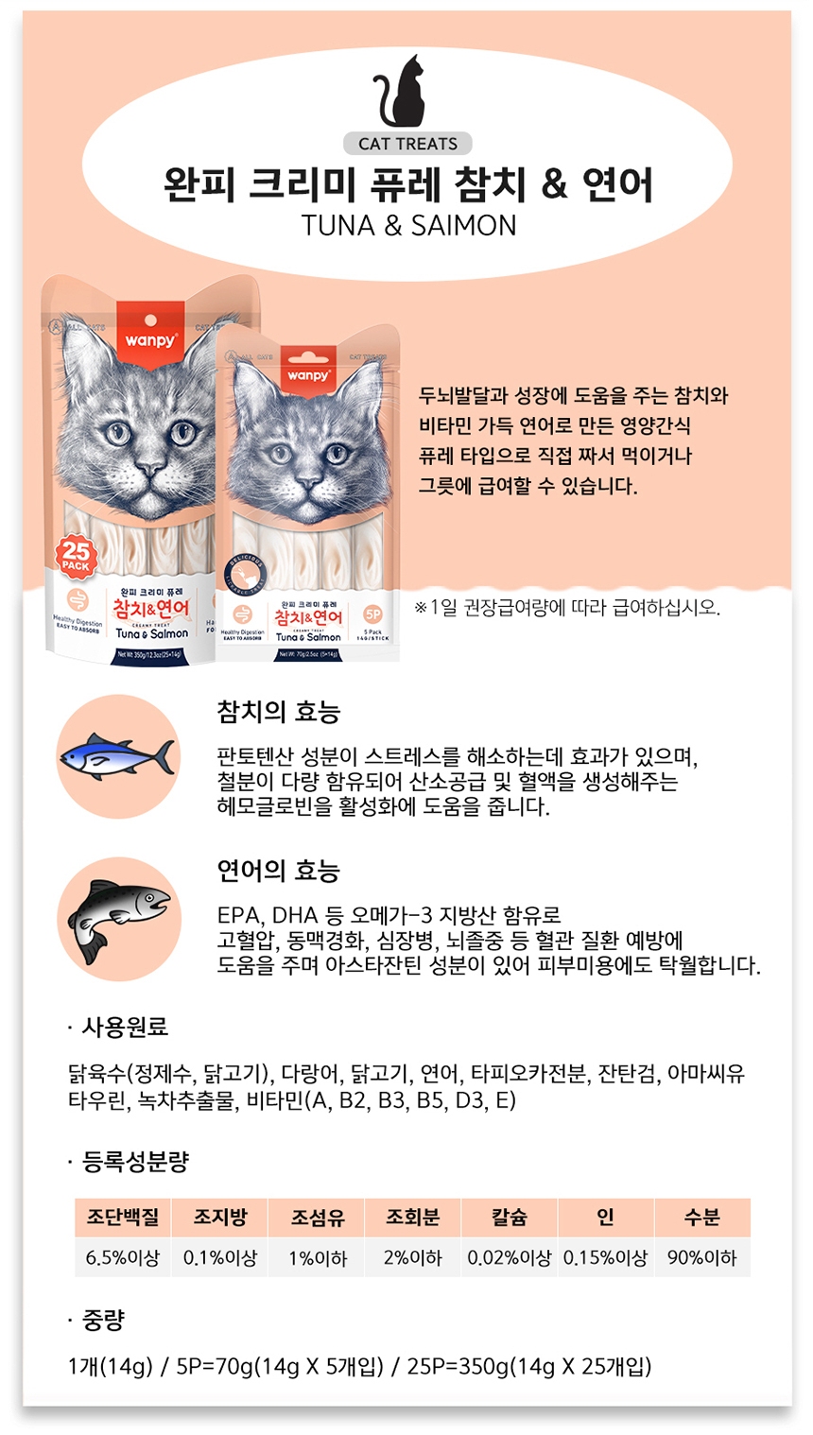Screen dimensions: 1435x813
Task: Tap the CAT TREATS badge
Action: point(407,144)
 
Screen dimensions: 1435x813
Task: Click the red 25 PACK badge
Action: point(76,556)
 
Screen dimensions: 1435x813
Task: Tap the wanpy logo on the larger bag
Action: point(150,339)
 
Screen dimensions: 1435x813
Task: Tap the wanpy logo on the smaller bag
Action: point(308,375)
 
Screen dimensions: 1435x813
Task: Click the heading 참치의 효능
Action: point(278,712)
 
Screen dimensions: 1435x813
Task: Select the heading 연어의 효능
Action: point(278,871)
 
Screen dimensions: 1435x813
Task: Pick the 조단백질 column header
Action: point(123,1218)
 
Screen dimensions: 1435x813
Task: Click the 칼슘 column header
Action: point(509,1218)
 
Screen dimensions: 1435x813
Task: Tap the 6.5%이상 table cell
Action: point(123,1258)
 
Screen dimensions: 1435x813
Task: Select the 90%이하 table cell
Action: point(701,1258)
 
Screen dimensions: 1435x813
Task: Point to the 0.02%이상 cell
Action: point(509,1258)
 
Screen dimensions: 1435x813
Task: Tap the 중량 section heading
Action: point(103,1320)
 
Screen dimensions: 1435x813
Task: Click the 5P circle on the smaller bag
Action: point(372,614)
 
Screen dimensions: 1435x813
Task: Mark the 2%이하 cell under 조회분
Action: point(412,1258)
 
